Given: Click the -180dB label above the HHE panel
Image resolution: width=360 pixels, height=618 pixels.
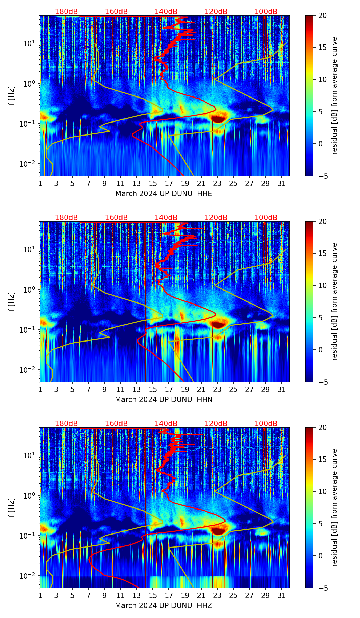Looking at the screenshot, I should coord(65,12).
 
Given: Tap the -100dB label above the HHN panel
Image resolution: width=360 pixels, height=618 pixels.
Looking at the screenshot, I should coord(265,218).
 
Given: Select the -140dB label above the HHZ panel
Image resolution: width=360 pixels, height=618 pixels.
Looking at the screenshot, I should coord(165,424).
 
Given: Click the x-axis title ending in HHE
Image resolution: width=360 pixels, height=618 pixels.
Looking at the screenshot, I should coord(164,194).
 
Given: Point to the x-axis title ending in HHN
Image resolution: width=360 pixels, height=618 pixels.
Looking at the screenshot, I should coord(164,400).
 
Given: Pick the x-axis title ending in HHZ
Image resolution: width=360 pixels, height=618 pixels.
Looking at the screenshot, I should coord(164,606).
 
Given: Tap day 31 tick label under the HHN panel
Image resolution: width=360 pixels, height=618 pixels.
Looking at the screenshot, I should coord(282,390).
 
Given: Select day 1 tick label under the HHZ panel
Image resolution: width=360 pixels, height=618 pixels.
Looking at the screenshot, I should coord(40,596).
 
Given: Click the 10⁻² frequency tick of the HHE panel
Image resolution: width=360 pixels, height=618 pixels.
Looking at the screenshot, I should coord(31,164).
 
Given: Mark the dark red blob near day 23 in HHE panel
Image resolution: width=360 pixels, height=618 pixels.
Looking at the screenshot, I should coord(218,119).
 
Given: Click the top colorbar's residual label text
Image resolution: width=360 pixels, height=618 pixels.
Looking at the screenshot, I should coord(334,95).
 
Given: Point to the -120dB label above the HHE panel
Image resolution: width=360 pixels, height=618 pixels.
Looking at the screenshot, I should coord(215,12).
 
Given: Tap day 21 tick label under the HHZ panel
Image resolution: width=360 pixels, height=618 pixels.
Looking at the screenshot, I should coord(201,596).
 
